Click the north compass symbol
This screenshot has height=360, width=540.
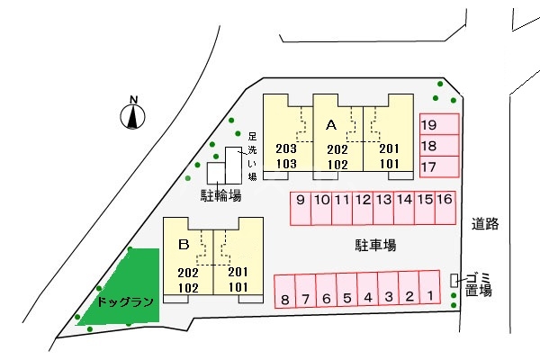point(134,114)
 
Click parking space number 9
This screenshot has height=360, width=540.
point(301,209)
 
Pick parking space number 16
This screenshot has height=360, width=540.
point(444,209)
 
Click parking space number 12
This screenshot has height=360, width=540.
point(363,209)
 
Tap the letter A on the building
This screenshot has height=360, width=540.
point(330,124)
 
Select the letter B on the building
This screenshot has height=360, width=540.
point(184,243)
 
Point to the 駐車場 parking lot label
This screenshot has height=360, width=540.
point(376,244)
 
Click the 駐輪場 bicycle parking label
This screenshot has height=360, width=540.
point(220,194)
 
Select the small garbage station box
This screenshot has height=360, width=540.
point(455,281)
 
